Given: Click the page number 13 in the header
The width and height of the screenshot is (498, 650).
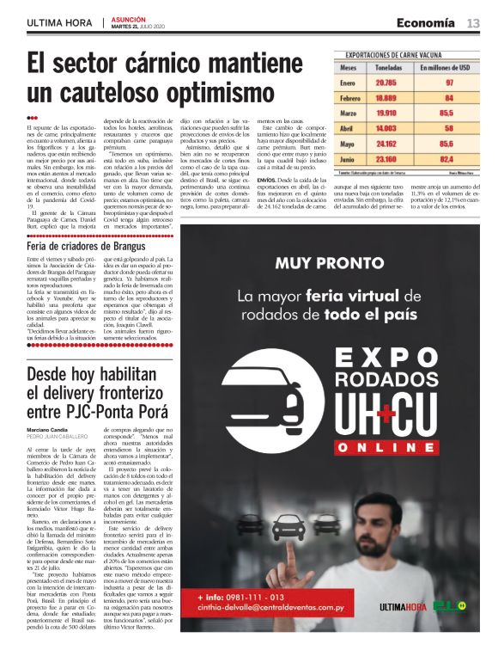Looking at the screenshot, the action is coord(473,22).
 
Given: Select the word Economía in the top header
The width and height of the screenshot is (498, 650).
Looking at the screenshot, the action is coord(427,22).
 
